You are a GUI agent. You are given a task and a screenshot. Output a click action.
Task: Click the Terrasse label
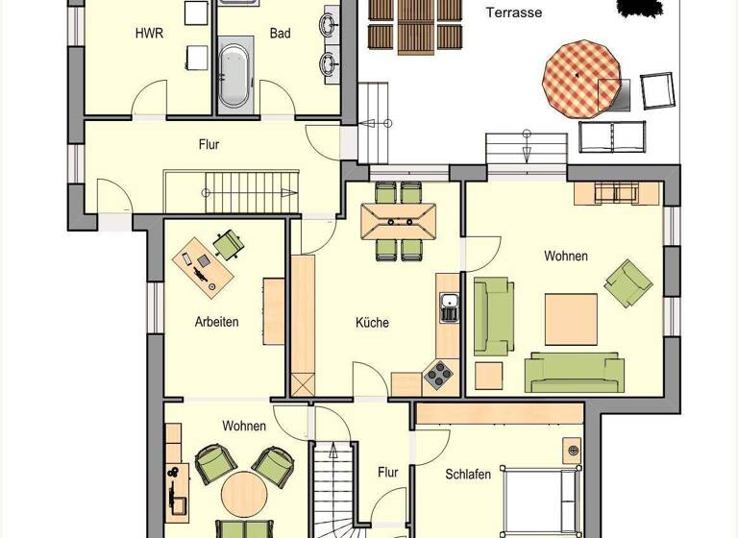pos(513,12)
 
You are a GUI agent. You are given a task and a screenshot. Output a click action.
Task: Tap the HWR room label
pos(148,34)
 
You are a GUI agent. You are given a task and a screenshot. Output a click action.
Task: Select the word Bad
pos(280,34)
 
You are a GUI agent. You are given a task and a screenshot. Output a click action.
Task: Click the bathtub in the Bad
pos(234,73)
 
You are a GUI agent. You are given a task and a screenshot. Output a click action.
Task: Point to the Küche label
pos(372,323)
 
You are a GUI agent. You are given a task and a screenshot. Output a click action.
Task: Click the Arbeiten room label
pos(216,322)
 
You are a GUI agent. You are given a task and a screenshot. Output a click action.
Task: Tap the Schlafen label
pos(468,475)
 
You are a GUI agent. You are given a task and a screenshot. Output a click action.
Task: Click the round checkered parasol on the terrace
pos(578,76)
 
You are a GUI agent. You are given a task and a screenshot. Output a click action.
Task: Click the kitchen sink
pos(449,308)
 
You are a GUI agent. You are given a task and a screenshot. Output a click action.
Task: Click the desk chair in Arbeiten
pos(229,244)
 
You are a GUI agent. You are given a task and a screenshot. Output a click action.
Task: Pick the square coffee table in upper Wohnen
pos(571,319)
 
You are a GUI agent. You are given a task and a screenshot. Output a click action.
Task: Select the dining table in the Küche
pos(398,220)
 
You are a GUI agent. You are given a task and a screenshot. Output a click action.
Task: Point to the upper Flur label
pos(209,145)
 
